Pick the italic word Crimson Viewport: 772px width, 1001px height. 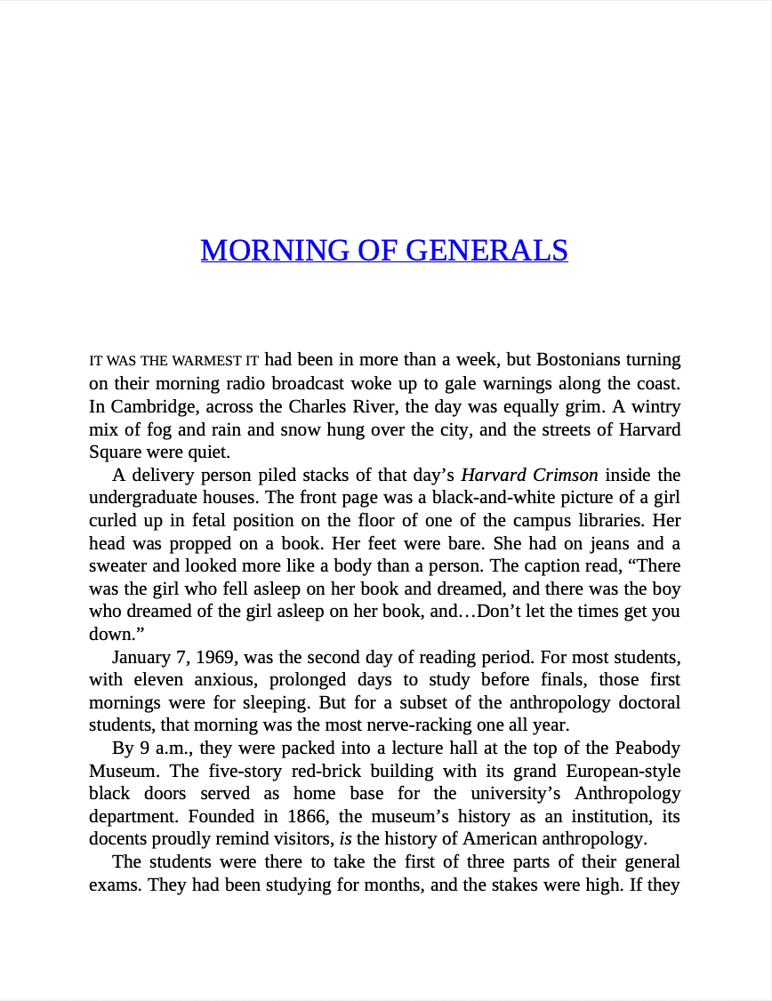(565, 475)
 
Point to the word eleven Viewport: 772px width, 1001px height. (149, 680)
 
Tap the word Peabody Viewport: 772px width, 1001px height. (647, 748)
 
